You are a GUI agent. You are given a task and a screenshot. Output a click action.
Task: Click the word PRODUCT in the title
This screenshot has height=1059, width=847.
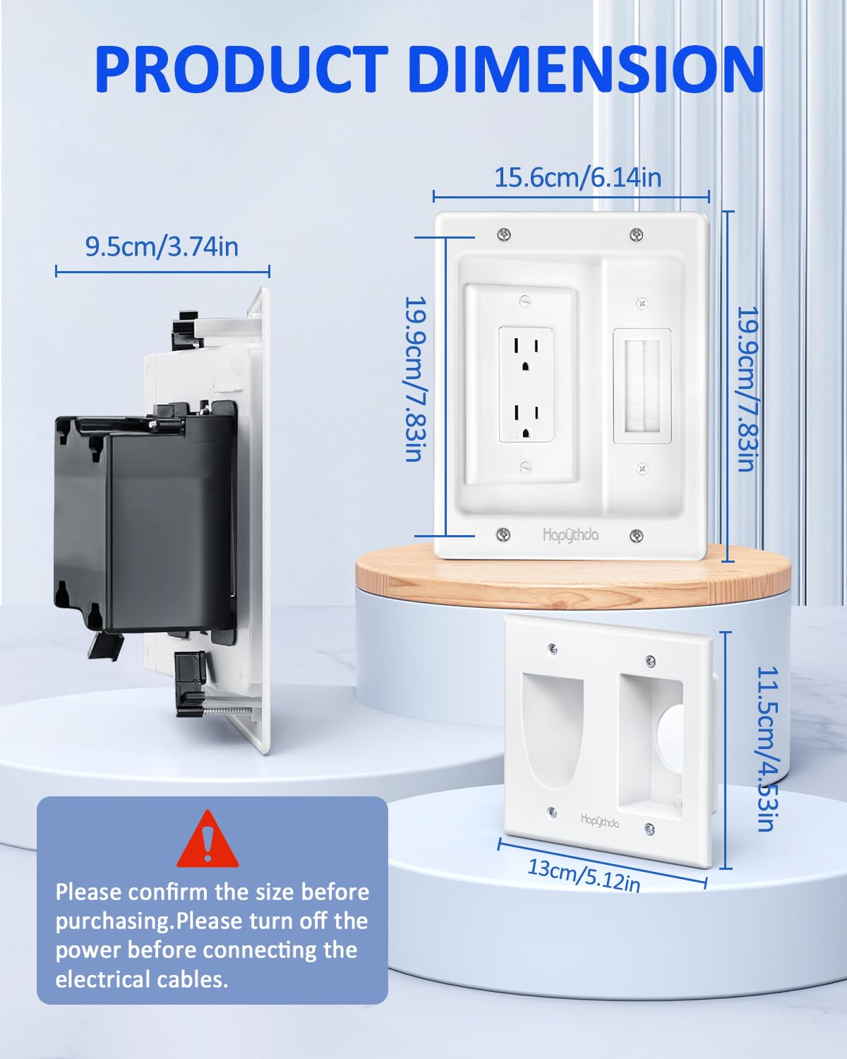pyautogui.click(x=240, y=68)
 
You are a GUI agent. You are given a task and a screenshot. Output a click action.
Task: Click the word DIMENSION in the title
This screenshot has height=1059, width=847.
pyautogui.click(x=585, y=68)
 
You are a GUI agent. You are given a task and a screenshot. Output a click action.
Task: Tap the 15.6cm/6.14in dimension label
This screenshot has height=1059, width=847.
pyautogui.click(x=577, y=177)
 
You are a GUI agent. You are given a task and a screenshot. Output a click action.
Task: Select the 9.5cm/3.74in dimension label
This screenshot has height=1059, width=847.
pyautogui.click(x=162, y=246)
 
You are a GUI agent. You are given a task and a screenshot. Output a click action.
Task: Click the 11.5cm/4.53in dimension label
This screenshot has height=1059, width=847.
pyautogui.click(x=767, y=748)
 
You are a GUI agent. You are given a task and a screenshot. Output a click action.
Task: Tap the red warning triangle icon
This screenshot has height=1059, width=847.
pyautogui.click(x=208, y=841)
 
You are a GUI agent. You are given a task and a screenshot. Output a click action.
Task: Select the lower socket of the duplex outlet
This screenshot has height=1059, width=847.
pyautogui.click(x=526, y=418)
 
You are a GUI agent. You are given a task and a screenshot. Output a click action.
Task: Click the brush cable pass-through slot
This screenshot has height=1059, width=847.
pyautogui.click(x=642, y=386)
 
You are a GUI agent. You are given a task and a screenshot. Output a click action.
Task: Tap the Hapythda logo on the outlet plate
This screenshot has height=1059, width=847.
pyautogui.click(x=570, y=535)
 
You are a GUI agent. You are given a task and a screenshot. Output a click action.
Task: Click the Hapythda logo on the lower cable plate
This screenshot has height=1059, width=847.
pyautogui.click(x=600, y=821)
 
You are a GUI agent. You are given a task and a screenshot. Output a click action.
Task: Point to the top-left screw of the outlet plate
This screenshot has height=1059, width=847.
pyautogui.click(x=504, y=234)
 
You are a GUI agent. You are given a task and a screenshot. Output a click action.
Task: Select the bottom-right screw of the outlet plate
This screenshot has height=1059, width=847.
pyautogui.click(x=636, y=537)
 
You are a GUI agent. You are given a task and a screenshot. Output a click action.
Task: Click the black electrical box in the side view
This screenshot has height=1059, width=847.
pyautogui.click(x=141, y=522)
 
